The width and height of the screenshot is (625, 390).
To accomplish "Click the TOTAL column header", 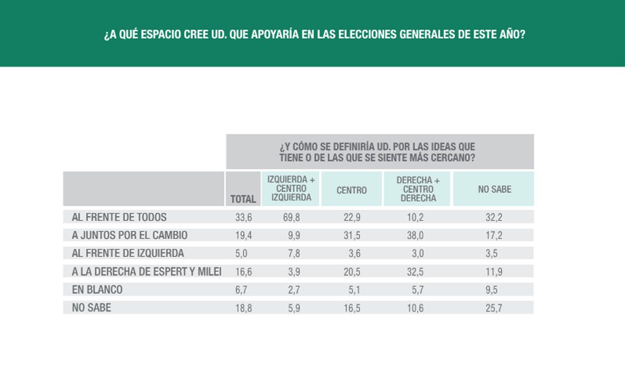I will (243, 199).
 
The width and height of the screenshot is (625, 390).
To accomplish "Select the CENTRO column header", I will (352, 190).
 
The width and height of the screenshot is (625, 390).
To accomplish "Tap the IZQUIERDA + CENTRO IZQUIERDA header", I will (291, 188).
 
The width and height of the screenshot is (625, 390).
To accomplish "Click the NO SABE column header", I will (494, 190).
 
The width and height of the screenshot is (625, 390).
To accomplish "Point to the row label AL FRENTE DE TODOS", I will (119, 217).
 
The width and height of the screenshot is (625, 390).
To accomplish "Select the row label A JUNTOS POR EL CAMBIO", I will (130, 235).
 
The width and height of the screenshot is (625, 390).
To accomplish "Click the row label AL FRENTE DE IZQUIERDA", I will (128, 253).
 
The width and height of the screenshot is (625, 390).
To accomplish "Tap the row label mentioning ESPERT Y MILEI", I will (147, 271).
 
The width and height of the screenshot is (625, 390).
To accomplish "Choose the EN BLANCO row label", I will (97, 290).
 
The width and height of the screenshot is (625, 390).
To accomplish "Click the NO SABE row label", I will (92, 308).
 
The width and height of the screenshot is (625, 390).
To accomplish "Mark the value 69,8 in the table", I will (291, 217).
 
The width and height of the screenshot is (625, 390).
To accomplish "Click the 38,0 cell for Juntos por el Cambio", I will (415, 236).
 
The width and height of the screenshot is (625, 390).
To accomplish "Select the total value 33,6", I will (244, 217).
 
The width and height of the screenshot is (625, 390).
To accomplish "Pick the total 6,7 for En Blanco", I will (244, 290).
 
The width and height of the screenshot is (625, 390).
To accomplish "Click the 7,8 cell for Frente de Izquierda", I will (291, 254).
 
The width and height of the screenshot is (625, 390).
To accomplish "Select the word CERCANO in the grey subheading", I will (453, 158).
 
